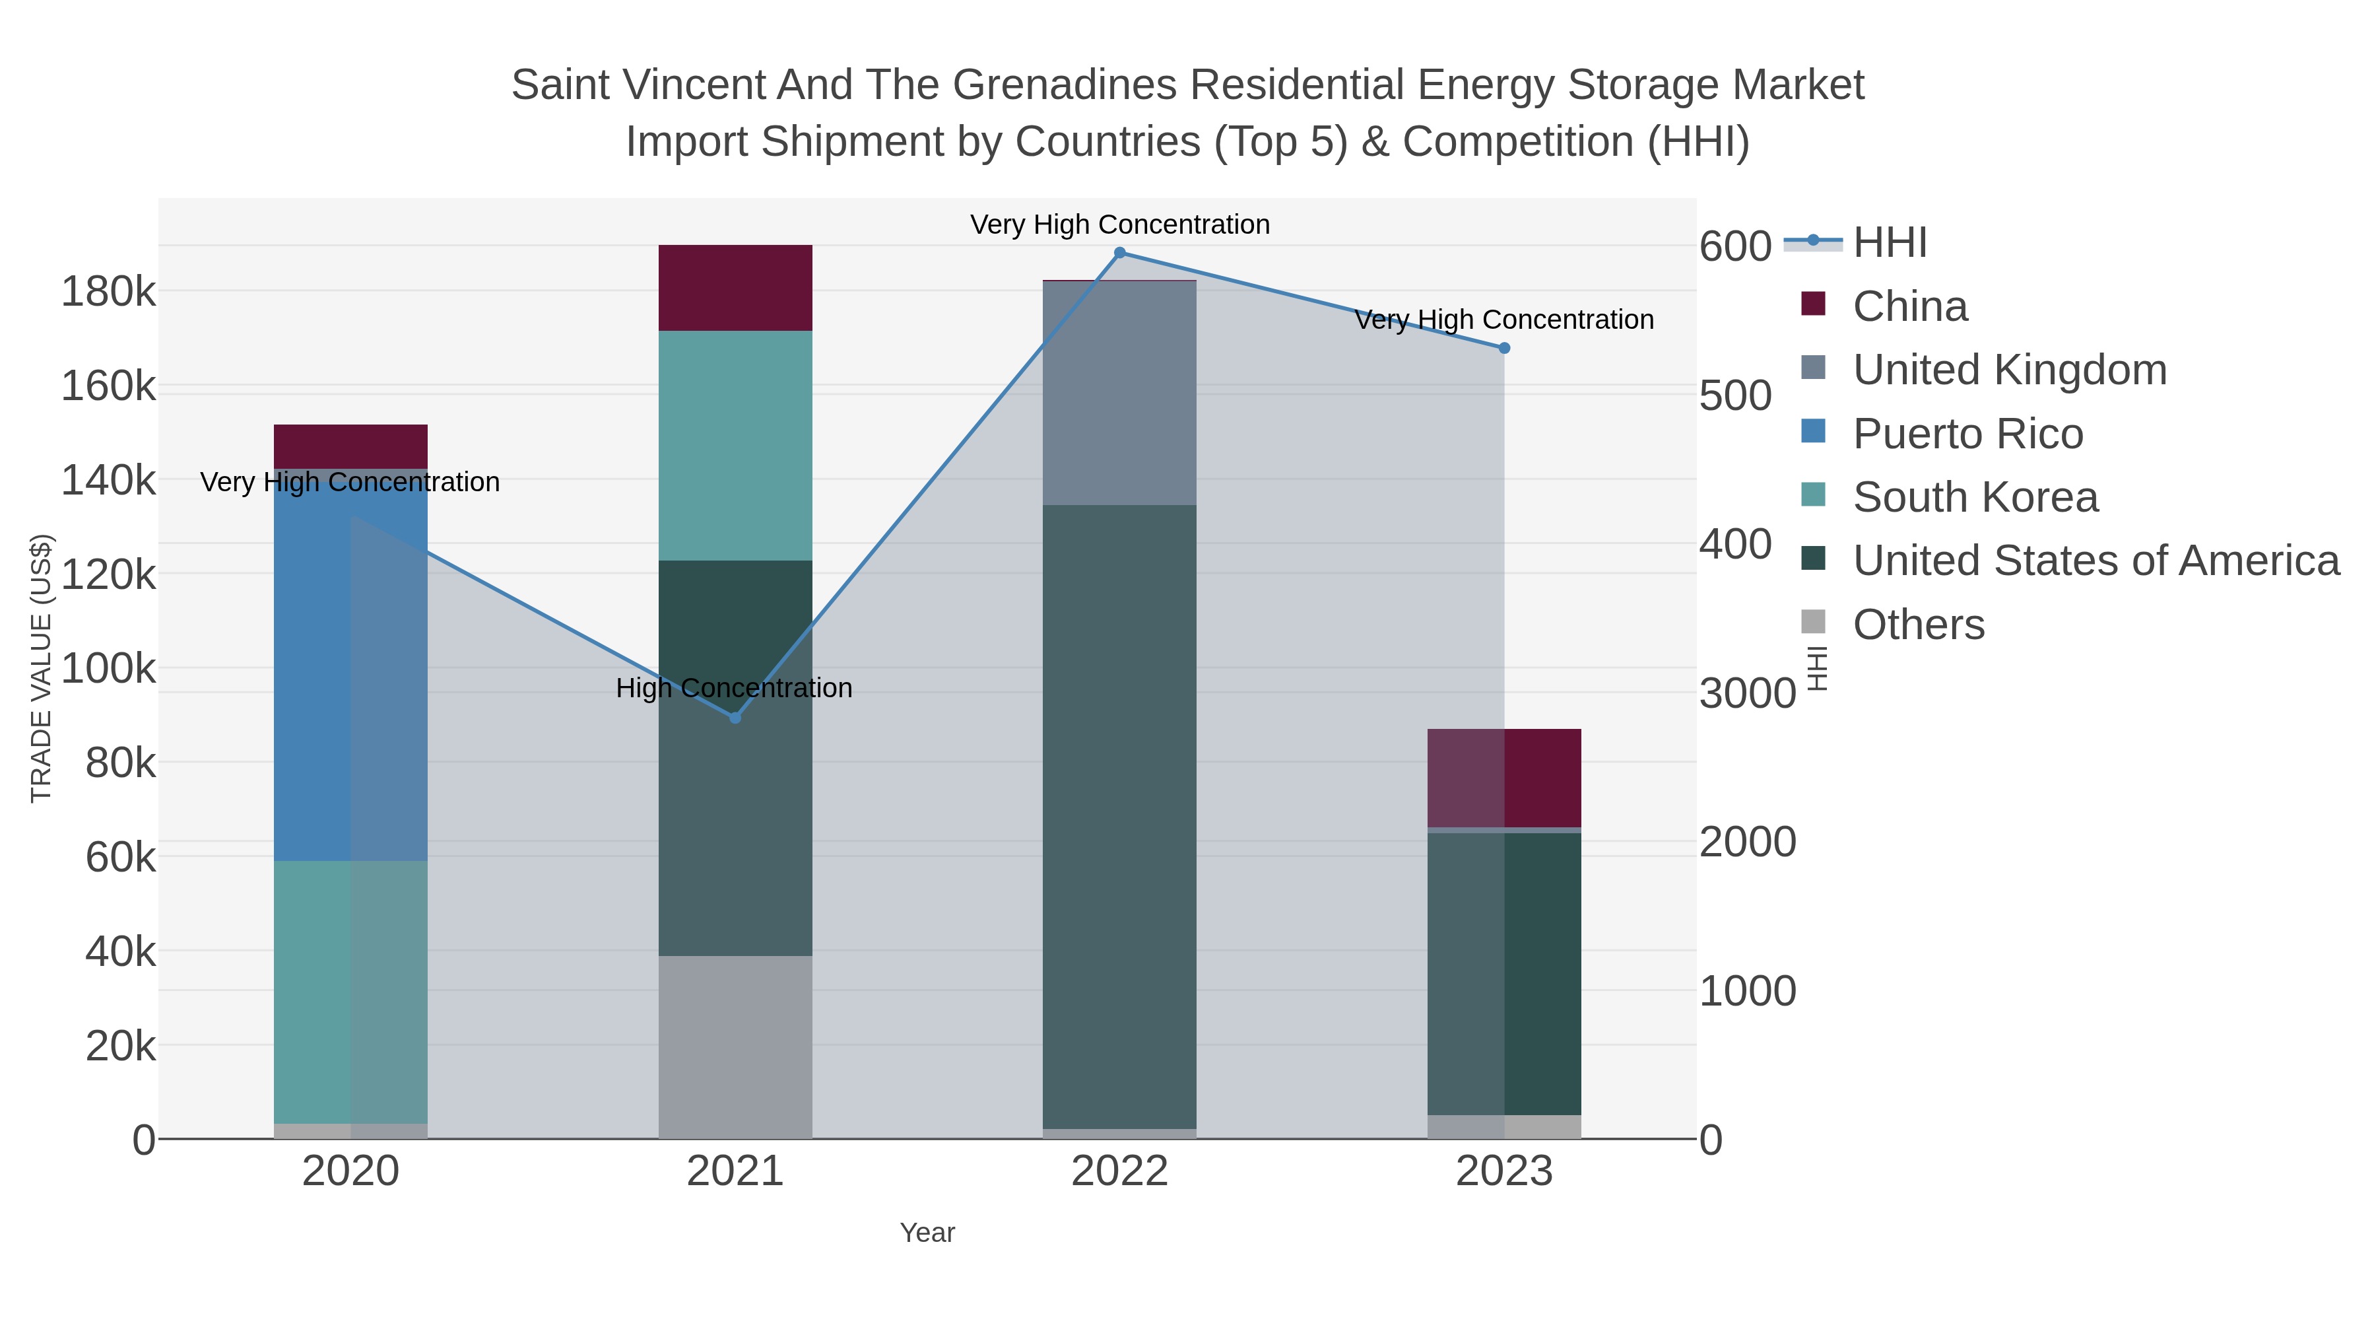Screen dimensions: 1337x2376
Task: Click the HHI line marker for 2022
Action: coord(1120,253)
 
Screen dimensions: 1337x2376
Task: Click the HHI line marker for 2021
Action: coord(735,718)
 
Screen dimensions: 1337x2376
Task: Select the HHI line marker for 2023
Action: coord(1504,348)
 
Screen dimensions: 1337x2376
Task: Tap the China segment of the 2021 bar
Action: coord(735,288)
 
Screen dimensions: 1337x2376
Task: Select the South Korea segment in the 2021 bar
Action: coord(735,445)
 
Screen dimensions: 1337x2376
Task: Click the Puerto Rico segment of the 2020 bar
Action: coord(350,664)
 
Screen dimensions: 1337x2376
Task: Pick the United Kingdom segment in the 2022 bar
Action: coord(1120,392)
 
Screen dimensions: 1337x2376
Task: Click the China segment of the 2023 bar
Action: coord(1504,778)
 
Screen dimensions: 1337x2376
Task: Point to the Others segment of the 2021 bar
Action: coord(735,1046)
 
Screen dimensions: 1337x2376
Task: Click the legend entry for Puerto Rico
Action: coord(1967,434)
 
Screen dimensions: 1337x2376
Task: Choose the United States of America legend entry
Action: coord(2095,561)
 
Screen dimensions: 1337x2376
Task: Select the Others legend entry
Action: coord(1919,625)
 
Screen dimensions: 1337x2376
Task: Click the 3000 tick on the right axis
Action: coord(1747,693)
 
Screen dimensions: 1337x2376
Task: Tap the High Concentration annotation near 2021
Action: coord(734,689)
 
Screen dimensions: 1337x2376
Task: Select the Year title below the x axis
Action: coord(927,1233)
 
